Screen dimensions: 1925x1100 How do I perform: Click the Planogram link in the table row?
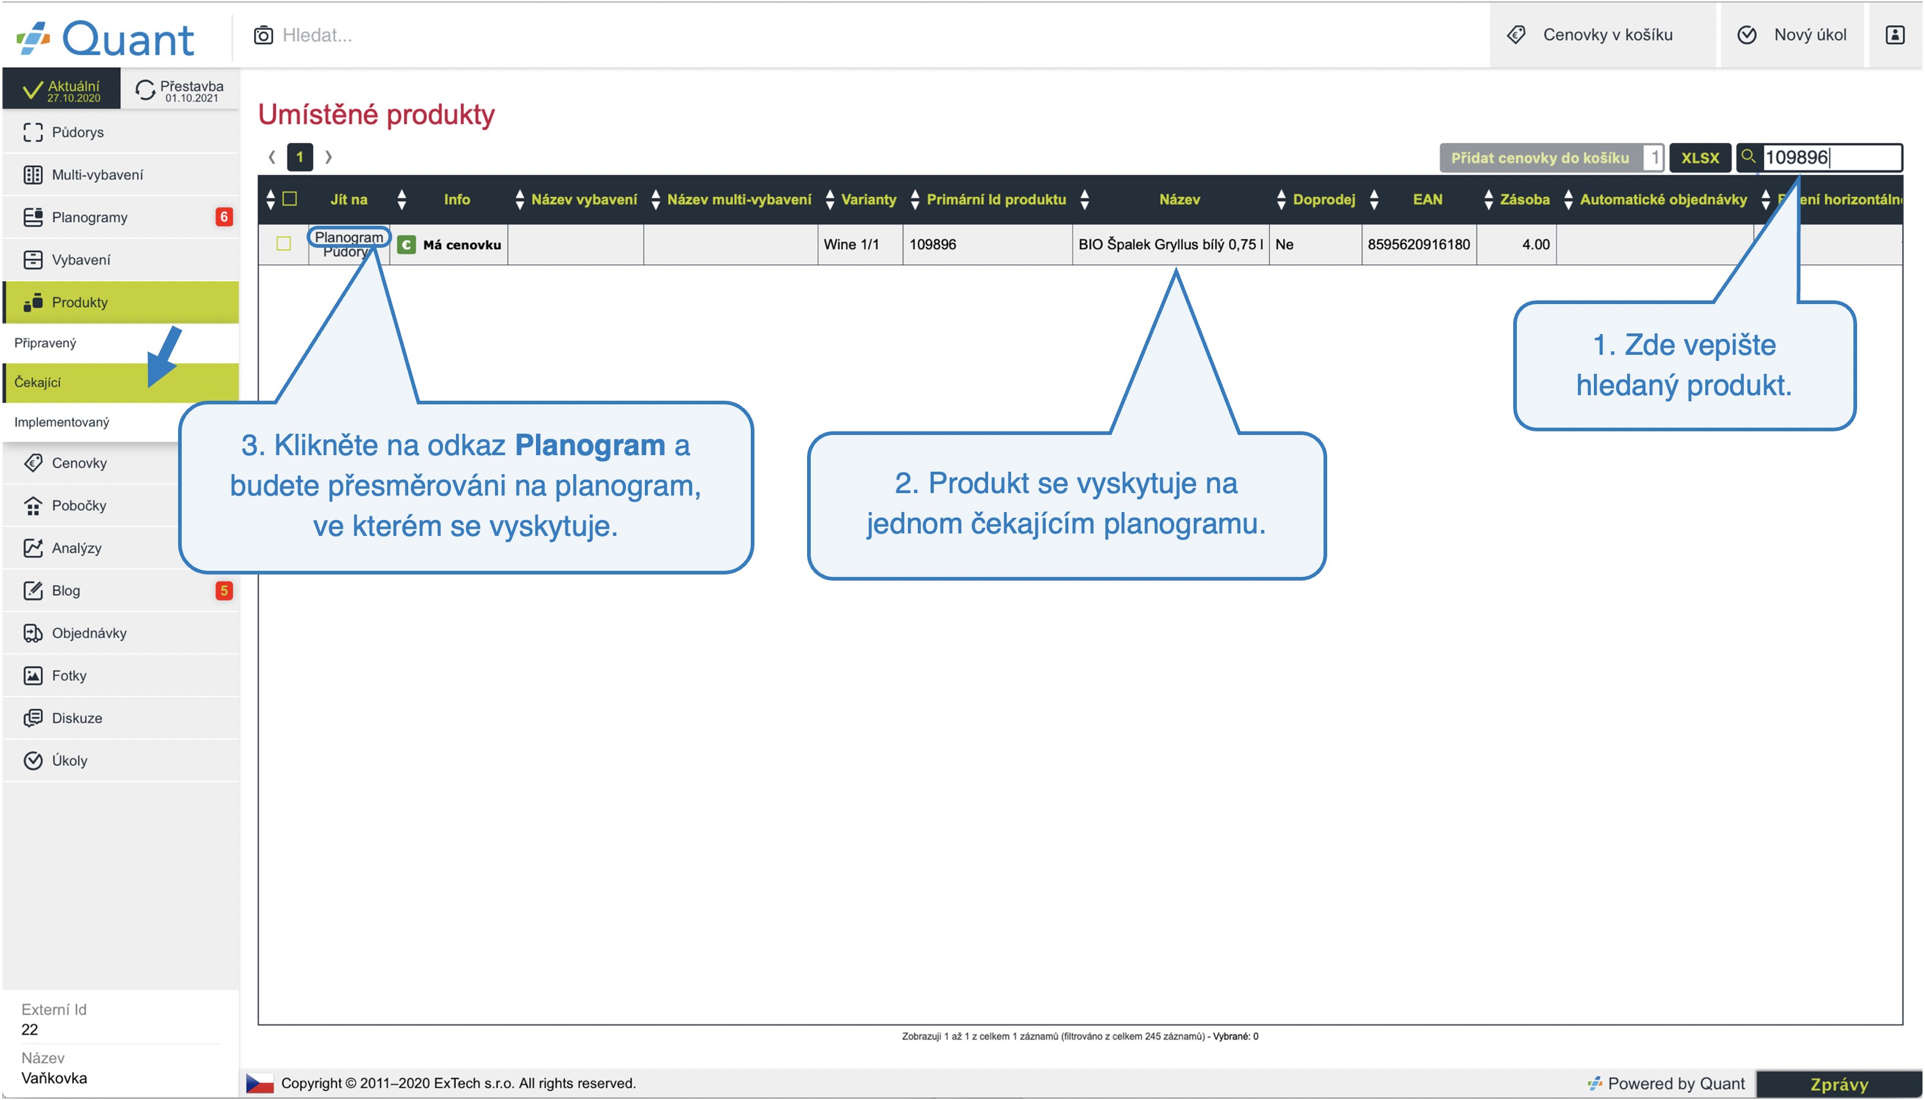tap(348, 237)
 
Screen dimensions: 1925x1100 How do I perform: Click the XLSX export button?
tap(1700, 158)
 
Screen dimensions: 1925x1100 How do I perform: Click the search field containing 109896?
tap(1831, 158)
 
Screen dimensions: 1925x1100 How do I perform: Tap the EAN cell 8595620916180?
tap(1418, 244)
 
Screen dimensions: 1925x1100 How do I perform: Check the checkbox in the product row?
tap(284, 243)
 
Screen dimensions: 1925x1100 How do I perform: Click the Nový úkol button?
tap(1792, 35)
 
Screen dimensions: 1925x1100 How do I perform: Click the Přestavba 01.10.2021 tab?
tap(180, 90)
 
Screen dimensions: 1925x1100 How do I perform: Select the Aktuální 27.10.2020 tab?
tap(62, 90)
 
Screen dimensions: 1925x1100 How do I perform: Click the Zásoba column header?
tap(1524, 199)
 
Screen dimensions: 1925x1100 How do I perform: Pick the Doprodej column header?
tap(1324, 199)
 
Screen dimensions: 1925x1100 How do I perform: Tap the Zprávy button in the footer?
tap(1839, 1084)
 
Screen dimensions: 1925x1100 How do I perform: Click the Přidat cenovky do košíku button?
tap(1541, 158)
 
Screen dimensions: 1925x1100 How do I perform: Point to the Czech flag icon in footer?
tap(260, 1083)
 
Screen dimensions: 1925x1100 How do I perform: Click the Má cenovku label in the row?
tap(461, 245)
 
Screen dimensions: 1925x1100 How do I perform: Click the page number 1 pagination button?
tap(300, 157)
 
